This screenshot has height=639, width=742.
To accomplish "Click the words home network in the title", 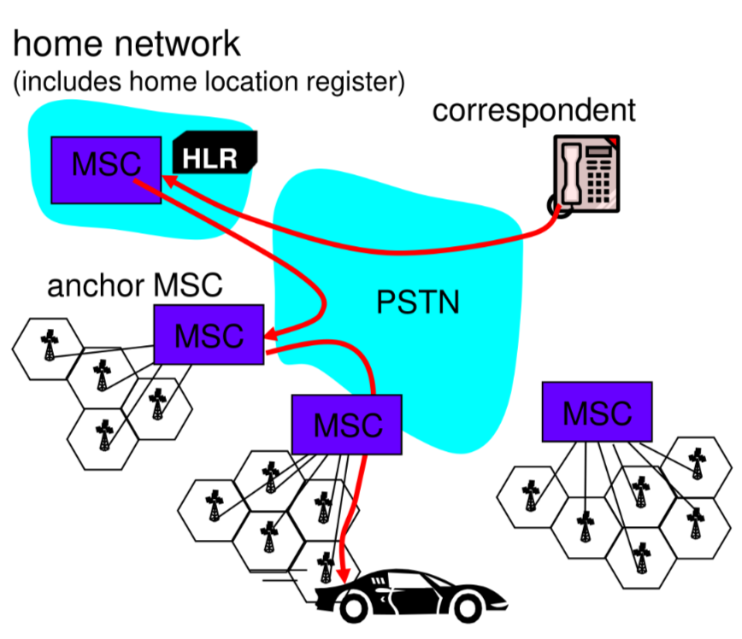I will click(127, 44).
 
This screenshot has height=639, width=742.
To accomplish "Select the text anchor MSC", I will click(134, 285).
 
